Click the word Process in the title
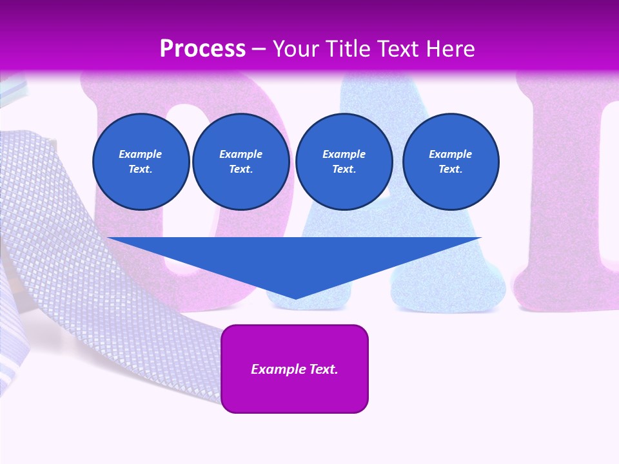click(x=202, y=48)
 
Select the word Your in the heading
click(x=295, y=48)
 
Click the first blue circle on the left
click(x=141, y=162)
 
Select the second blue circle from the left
click(x=241, y=162)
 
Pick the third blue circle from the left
click(x=344, y=162)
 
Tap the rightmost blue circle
click(x=451, y=162)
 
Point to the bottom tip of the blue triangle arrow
click(x=295, y=298)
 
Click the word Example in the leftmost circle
click(x=141, y=154)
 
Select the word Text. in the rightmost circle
click(x=451, y=169)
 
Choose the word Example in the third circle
click(x=344, y=154)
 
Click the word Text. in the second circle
click(x=241, y=169)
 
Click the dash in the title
click(x=259, y=49)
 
